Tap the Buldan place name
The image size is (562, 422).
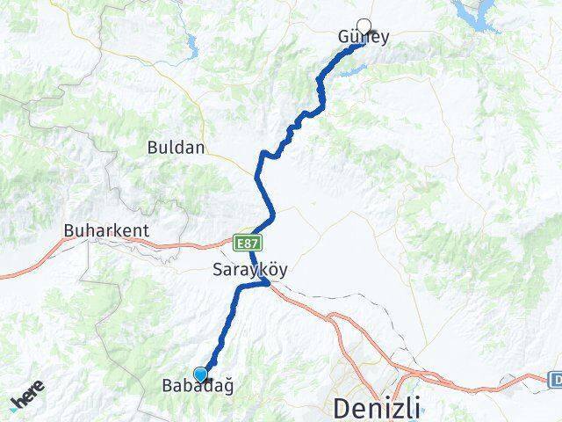pyautogui.click(x=177, y=148)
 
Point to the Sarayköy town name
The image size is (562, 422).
pyautogui.click(x=249, y=271)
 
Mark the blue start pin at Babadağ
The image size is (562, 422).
pyautogui.click(x=201, y=374)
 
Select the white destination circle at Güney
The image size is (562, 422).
pyautogui.click(x=364, y=26)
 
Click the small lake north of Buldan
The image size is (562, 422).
pyautogui.click(x=191, y=43)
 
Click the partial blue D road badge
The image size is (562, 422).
pyautogui.click(x=556, y=380)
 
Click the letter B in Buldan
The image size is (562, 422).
pyautogui.click(x=153, y=148)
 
